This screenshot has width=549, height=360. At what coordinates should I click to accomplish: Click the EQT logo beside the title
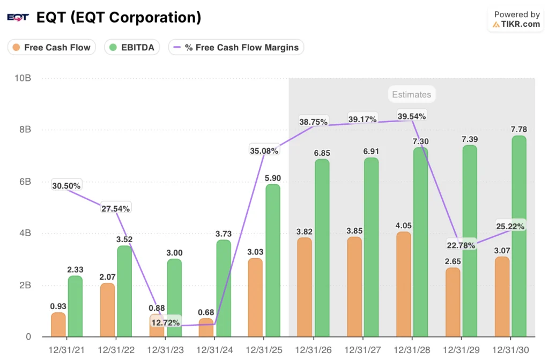pyautogui.click(x=17, y=18)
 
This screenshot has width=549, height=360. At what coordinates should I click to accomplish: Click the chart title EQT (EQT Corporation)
pyautogui.click(x=118, y=18)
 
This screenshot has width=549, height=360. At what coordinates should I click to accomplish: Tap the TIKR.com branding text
pyautogui.click(x=521, y=24)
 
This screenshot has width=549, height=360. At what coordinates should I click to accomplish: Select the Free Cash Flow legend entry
pyautogui.click(x=51, y=47)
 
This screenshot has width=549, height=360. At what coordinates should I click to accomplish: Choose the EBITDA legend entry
pyautogui.click(x=131, y=47)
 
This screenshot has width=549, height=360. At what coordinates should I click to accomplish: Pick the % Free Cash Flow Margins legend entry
pyautogui.click(x=236, y=47)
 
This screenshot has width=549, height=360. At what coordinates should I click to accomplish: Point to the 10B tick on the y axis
pyautogui.click(x=23, y=78)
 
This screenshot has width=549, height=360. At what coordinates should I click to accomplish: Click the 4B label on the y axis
pyautogui.click(x=25, y=234)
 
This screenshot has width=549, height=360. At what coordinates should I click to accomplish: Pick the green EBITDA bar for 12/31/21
pyautogui.click(x=75, y=306)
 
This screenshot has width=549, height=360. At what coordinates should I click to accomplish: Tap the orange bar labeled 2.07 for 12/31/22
pyautogui.click(x=107, y=310)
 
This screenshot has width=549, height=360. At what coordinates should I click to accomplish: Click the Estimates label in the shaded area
pyautogui.click(x=411, y=94)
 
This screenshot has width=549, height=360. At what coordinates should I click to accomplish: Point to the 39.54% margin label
pyautogui.click(x=411, y=116)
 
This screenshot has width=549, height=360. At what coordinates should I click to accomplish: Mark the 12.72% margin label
pyautogui.click(x=166, y=322)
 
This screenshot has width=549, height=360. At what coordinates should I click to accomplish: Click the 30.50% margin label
pyautogui.click(x=66, y=186)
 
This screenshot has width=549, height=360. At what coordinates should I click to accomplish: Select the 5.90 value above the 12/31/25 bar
pyautogui.click(x=272, y=178)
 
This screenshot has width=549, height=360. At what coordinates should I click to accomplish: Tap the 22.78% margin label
pyautogui.click(x=461, y=245)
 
